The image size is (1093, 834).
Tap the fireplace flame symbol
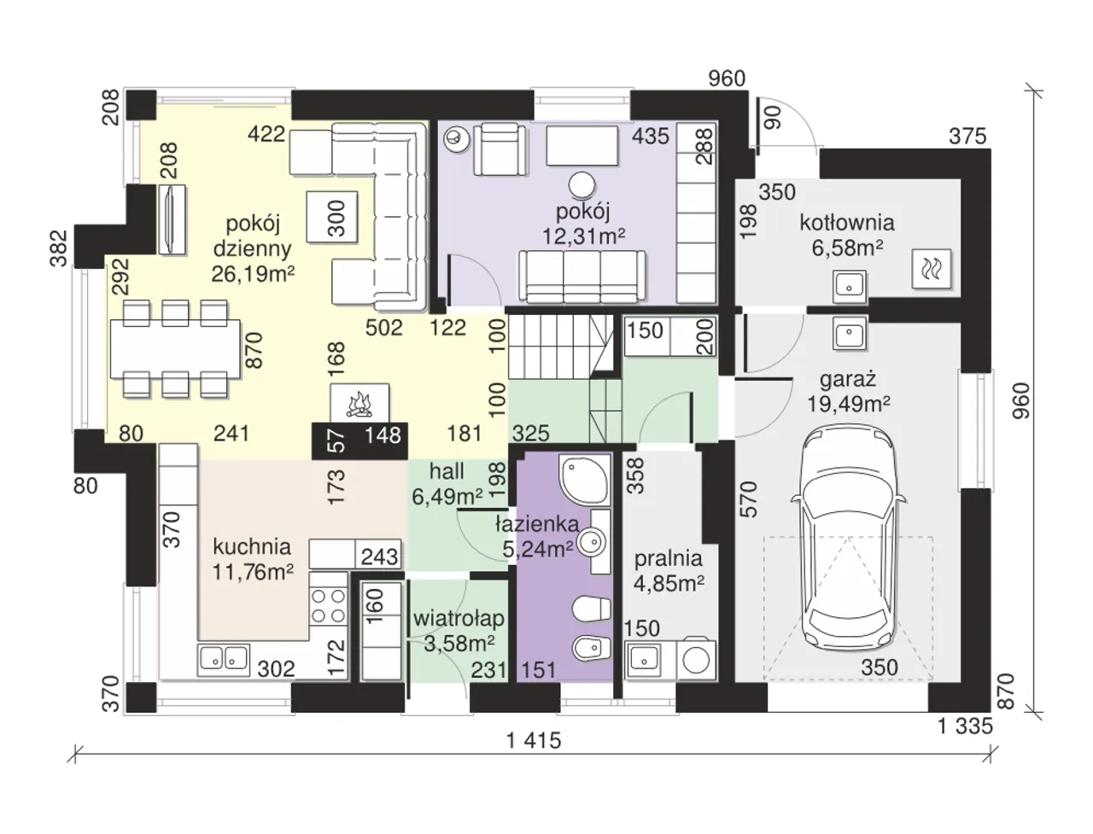click(359, 404)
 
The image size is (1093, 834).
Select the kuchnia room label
click(252, 547)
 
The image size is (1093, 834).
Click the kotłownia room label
click(847, 223)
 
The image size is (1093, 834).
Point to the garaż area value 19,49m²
click(848, 404)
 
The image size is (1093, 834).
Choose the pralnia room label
click(669, 558)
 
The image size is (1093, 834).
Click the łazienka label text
click(537, 524)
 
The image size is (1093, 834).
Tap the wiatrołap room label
click(459, 619)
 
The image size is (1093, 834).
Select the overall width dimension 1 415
click(534, 740)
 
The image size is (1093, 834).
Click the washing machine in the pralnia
click(696, 659)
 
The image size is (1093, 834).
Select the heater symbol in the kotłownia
click(931, 269)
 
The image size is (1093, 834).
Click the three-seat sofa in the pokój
click(582, 277)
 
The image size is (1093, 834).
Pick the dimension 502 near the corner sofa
click(384, 328)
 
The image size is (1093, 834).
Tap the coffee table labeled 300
click(332, 217)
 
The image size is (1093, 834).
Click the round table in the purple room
click(582, 185)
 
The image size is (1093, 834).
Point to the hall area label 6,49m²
click(447, 496)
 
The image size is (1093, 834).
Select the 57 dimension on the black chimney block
click(337, 440)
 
